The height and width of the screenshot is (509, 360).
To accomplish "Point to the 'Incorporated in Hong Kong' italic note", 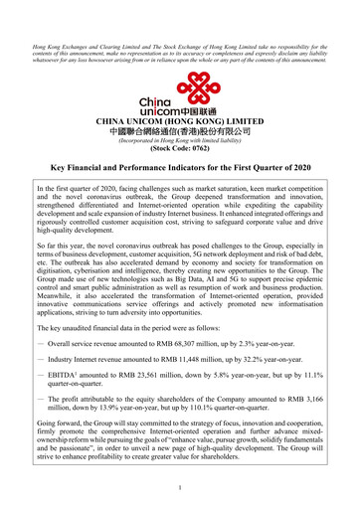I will (x=180, y=141).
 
